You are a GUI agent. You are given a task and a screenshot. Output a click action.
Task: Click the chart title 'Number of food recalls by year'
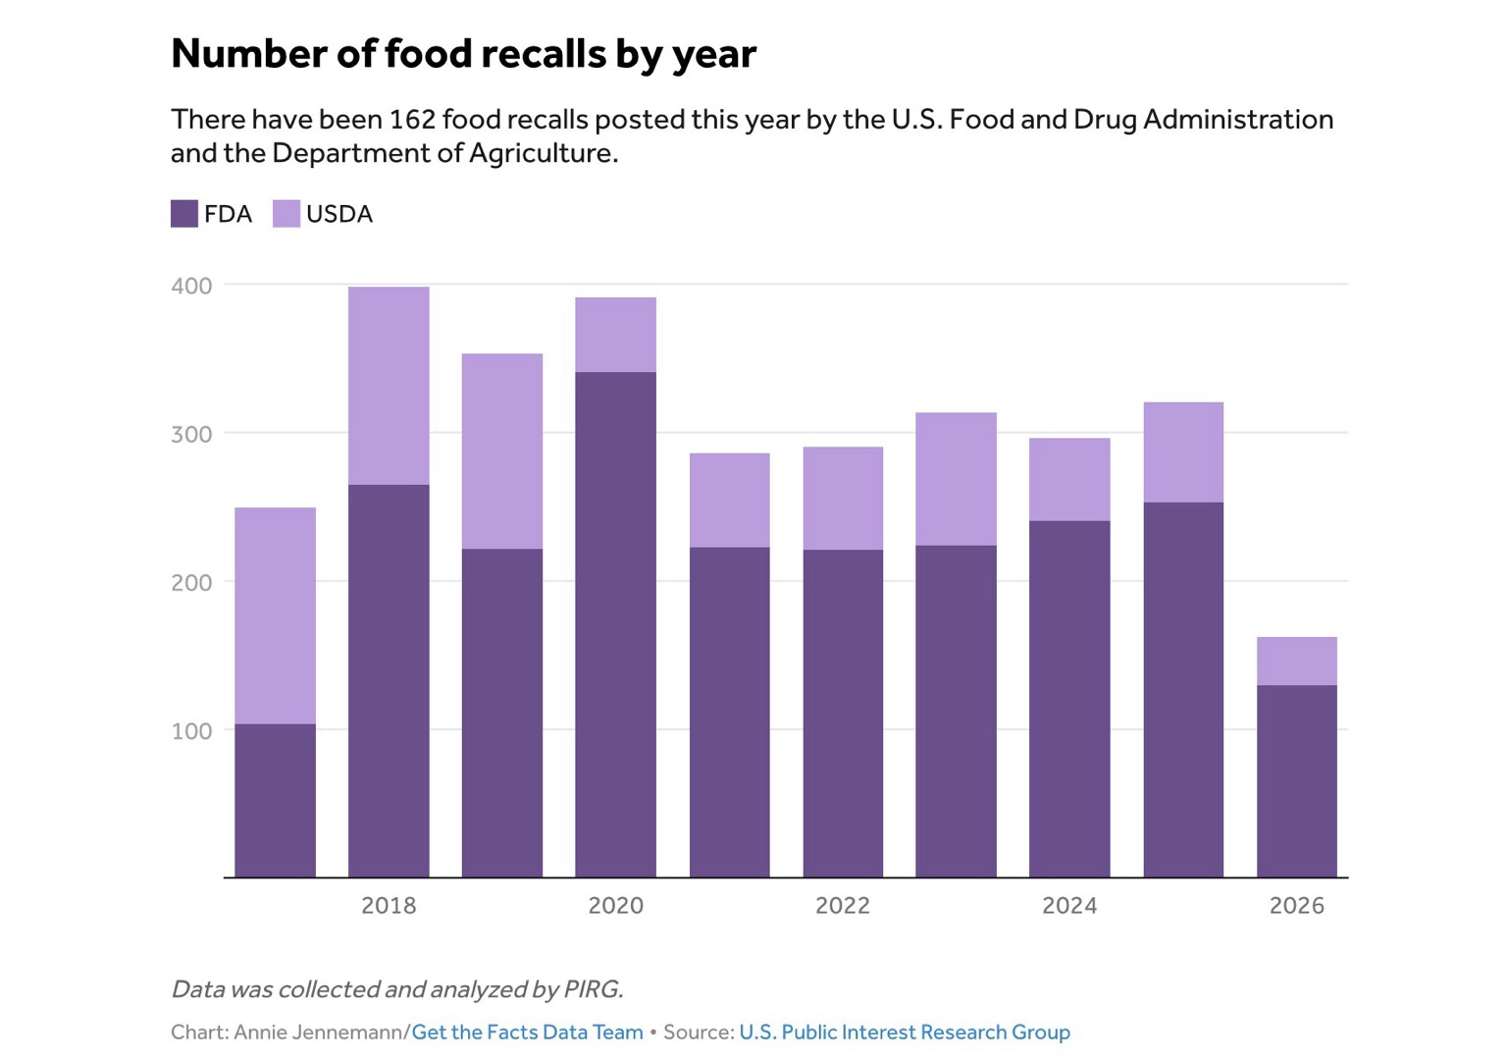click(463, 54)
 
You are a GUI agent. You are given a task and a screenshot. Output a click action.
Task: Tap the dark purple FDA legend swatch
click(183, 213)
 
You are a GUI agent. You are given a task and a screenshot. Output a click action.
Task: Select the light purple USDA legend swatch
click(286, 213)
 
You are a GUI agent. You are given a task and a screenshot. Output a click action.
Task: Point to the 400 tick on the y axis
click(191, 286)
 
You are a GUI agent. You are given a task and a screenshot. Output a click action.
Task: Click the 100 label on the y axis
click(191, 730)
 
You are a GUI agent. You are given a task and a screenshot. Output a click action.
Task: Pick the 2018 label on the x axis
click(389, 906)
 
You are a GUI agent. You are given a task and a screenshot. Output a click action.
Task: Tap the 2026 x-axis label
click(1296, 906)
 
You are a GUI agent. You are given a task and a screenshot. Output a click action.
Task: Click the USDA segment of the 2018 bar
click(389, 386)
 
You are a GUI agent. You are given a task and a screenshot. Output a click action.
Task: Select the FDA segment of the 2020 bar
click(615, 625)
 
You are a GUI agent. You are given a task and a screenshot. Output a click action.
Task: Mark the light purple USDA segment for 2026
click(1296, 662)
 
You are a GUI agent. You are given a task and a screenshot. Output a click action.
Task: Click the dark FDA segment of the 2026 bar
click(1296, 781)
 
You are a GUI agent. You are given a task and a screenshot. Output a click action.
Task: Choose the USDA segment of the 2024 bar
click(1069, 479)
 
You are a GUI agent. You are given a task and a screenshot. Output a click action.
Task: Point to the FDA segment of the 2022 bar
click(843, 714)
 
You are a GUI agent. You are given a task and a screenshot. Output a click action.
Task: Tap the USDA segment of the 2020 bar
click(615, 335)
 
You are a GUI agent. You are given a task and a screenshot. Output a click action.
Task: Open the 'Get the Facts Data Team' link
click(528, 1033)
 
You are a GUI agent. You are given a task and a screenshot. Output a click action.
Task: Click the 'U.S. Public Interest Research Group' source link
click(905, 1033)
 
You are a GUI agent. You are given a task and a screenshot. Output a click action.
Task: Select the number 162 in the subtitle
click(412, 119)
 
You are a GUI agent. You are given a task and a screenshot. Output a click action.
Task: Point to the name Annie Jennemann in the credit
click(318, 1033)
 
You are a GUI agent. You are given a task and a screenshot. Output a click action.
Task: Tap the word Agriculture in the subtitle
click(543, 153)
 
